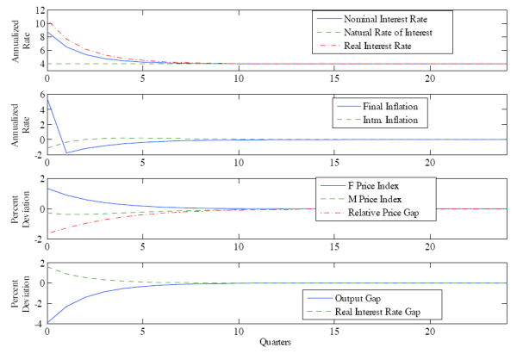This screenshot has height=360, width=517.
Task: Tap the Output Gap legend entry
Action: [352, 298]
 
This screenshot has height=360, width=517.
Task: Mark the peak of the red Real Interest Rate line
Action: [50, 23]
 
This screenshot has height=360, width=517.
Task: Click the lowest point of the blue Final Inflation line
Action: [65, 153]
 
